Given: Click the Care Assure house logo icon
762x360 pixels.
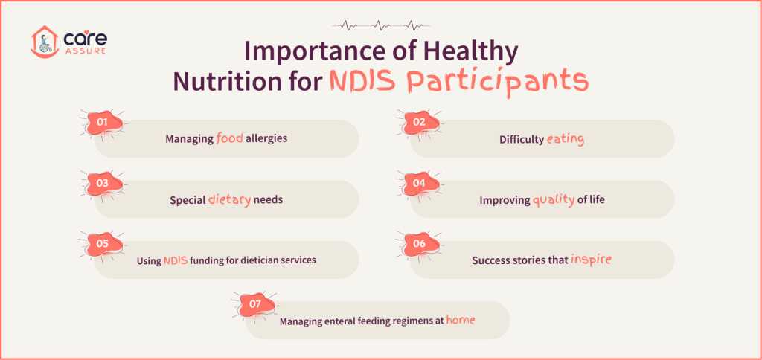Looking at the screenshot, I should tap(44, 42).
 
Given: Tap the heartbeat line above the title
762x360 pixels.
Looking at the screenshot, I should tap(380, 25).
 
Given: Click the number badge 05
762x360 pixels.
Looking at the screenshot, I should tap(103, 243).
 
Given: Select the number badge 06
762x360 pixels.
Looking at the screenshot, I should tap(418, 243).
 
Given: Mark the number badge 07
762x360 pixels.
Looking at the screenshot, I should tap(254, 304).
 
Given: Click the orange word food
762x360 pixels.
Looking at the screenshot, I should tap(229, 138).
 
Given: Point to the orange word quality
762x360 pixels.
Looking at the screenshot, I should tap(553, 199).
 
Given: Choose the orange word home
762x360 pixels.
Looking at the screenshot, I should tap(460, 320).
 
